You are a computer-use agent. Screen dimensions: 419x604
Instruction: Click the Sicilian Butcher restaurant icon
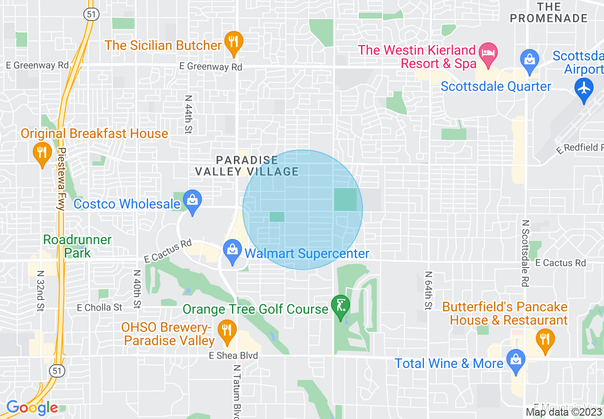point(233,41)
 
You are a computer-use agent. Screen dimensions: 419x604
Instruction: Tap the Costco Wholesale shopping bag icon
point(192,201)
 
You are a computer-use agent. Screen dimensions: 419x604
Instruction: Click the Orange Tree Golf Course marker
point(340,305)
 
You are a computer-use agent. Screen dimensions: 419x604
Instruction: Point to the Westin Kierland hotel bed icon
point(488,52)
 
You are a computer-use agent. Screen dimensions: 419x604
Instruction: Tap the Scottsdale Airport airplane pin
point(584,89)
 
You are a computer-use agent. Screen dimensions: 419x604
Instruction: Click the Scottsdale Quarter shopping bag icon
point(529,60)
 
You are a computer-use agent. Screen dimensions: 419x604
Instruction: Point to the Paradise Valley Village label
point(247,166)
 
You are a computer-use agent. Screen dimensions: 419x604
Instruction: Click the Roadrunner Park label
point(77,246)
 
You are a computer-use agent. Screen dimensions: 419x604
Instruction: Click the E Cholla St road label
point(100,308)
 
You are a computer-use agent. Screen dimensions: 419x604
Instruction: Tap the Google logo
point(32,408)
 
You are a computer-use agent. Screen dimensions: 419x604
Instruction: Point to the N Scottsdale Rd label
point(525,253)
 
